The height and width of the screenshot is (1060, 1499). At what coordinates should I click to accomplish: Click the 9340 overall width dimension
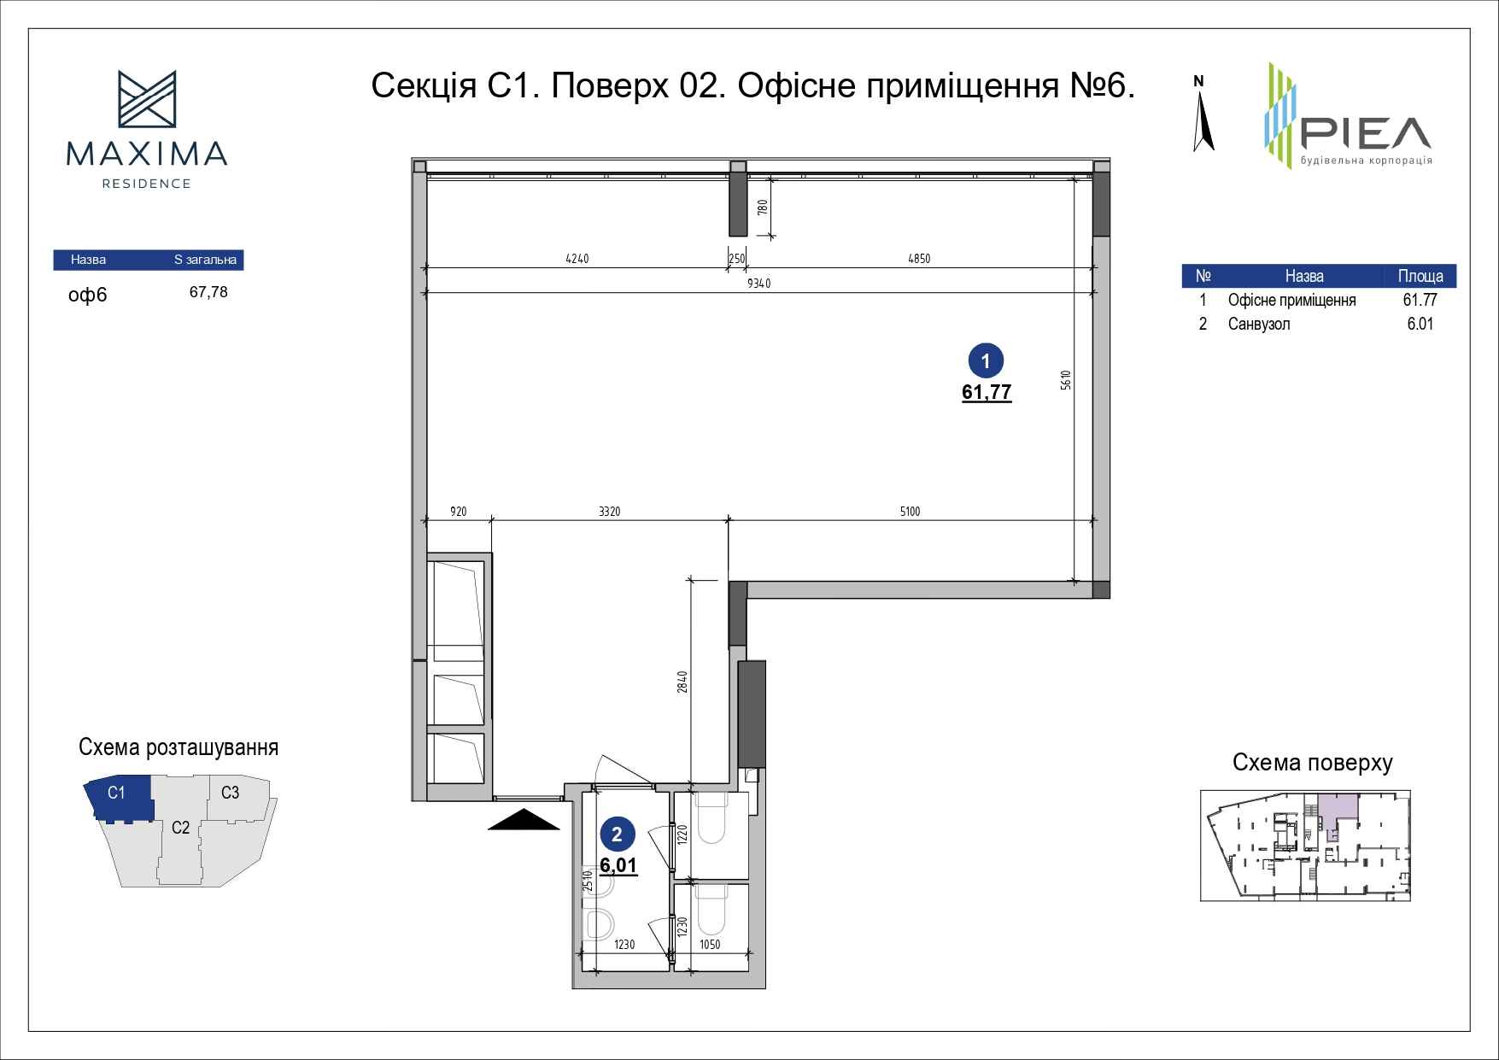(x=758, y=284)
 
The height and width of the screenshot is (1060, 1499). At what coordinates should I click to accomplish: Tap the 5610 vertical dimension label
(x=1065, y=380)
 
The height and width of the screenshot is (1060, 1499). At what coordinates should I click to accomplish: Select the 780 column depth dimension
(x=763, y=207)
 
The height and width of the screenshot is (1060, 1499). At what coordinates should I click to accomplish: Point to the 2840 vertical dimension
(x=682, y=682)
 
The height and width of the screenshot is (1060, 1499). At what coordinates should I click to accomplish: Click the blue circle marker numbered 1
(x=987, y=361)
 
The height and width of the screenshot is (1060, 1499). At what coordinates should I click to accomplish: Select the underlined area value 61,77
(x=987, y=393)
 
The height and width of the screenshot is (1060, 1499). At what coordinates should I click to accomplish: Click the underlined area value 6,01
(x=618, y=865)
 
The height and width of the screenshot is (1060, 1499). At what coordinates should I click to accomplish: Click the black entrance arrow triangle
(x=524, y=819)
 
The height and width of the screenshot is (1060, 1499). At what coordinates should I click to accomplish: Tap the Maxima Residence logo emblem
(x=147, y=99)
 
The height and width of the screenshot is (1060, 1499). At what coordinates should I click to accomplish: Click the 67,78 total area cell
(x=208, y=292)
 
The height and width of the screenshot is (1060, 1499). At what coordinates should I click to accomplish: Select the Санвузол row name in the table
(x=1259, y=324)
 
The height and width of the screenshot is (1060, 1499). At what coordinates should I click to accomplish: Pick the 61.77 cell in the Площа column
(x=1420, y=300)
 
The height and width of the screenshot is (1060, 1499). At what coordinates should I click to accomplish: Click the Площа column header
(x=1420, y=276)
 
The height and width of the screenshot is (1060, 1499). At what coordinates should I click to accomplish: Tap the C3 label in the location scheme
(x=230, y=793)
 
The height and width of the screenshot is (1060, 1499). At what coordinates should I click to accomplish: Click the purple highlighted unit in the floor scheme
(x=1337, y=807)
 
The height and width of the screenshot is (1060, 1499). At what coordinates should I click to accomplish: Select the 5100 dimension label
(x=910, y=512)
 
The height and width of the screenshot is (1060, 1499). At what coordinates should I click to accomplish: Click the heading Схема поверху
(x=1312, y=763)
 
